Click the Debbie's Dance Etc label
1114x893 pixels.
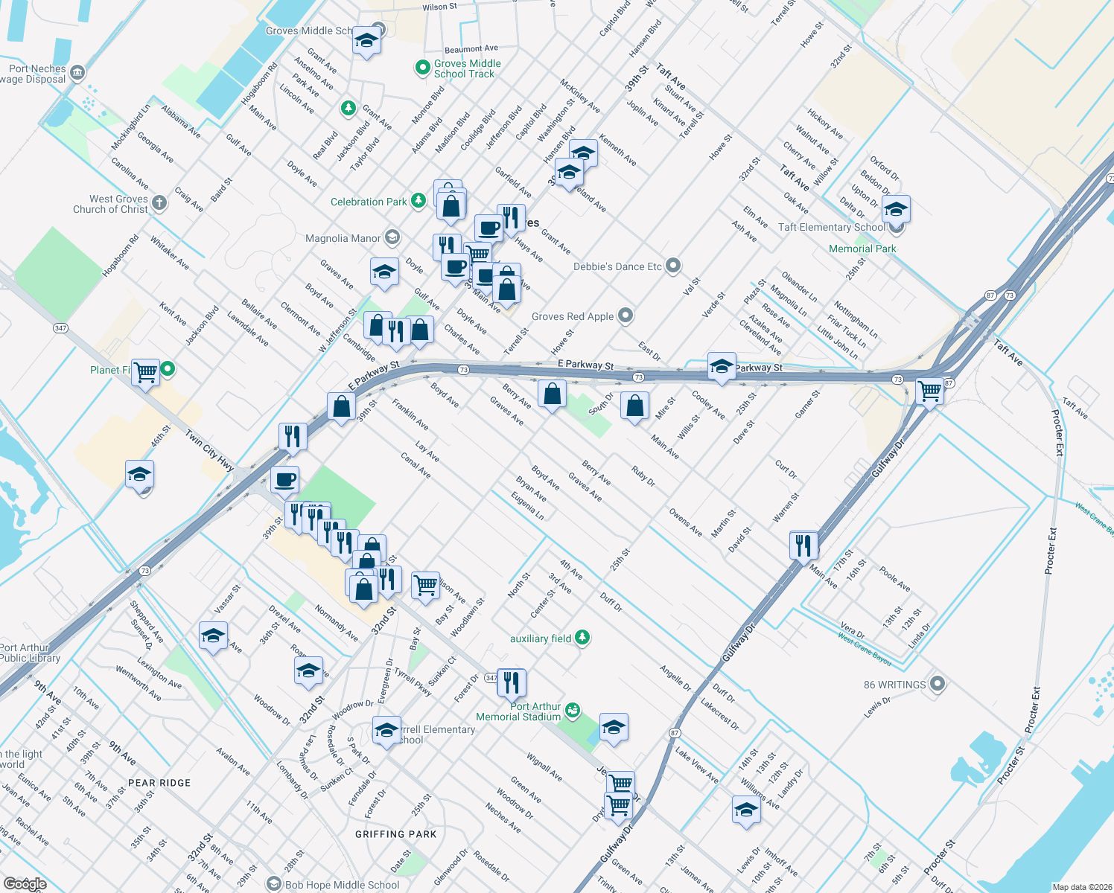[x=617, y=266]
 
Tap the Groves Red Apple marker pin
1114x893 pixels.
[x=626, y=316]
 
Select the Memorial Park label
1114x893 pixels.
[x=862, y=249]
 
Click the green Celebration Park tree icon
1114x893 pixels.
[x=419, y=200]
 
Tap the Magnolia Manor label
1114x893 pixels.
[x=343, y=238]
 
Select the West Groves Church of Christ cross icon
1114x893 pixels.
[x=159, y=202]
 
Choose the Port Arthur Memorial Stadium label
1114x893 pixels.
[x=518, y=711]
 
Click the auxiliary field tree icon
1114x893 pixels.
[x=583, y=637]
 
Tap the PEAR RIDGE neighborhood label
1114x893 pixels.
[x=159, y=783]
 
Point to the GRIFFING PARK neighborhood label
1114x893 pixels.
[x=396, y=834]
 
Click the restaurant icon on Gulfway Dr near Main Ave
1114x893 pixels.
[x=803, y=545]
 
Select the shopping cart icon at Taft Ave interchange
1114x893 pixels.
[x=929, y=390]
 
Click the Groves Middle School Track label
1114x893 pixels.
[x=467, y=68]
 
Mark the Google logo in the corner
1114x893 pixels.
[x=25, y=883]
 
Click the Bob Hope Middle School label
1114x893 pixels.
[x=342, y=885]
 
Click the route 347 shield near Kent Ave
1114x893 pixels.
[x=61, y=328]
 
